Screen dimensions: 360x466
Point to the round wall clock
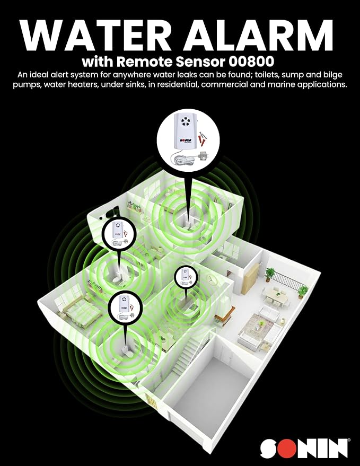coord(211,279)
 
